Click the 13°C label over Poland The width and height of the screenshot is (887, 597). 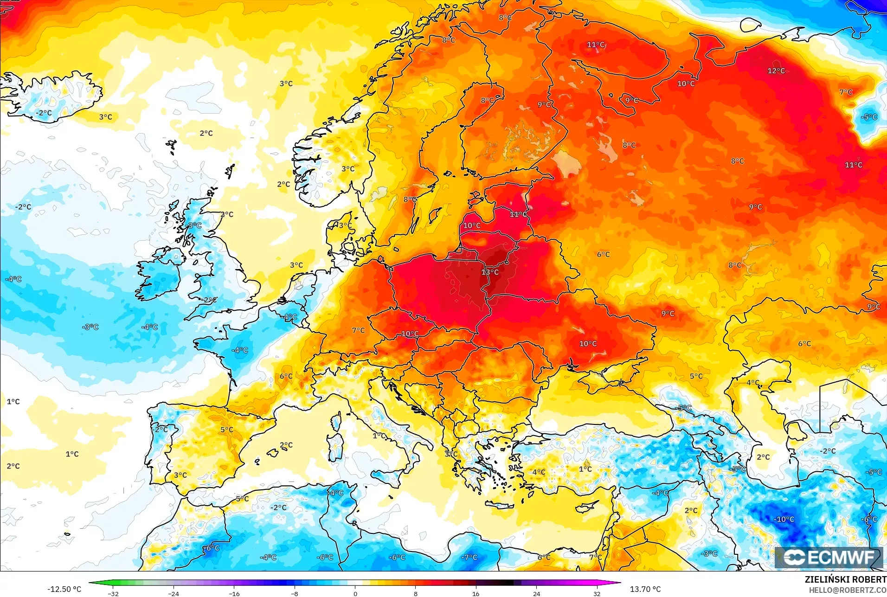[x=490, y=272]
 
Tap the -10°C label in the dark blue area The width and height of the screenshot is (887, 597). [x=784, y=519]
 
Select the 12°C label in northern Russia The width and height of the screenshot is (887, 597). [x=776, y=71]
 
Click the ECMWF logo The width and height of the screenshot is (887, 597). [x=829, y=557]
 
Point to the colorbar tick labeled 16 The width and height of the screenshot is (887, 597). [x=476, y=594]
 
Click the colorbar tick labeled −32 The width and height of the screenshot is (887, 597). [x=114, y=594]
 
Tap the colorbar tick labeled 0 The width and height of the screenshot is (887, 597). [x=355, y=594]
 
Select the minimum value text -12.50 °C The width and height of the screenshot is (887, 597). [x=64, y=589]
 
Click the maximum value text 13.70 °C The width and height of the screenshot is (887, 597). [x=645, y=589]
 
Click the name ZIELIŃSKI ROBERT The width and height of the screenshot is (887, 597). [x=845, y=580]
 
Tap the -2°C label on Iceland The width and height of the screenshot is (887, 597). [x=44, y=113]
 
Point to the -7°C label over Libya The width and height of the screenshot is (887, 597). [x=469, y=557]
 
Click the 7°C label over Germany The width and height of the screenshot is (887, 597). [x=358, y=330]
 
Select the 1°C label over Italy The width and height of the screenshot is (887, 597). [x=379, y=436]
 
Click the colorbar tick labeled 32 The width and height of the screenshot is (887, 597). [x=597, y=594]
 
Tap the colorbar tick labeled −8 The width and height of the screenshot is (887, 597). [x=295, y=594]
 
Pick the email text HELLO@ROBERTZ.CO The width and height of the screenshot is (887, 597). [x=848, y=591]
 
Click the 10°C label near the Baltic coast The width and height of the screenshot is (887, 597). [x=472, y=225]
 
